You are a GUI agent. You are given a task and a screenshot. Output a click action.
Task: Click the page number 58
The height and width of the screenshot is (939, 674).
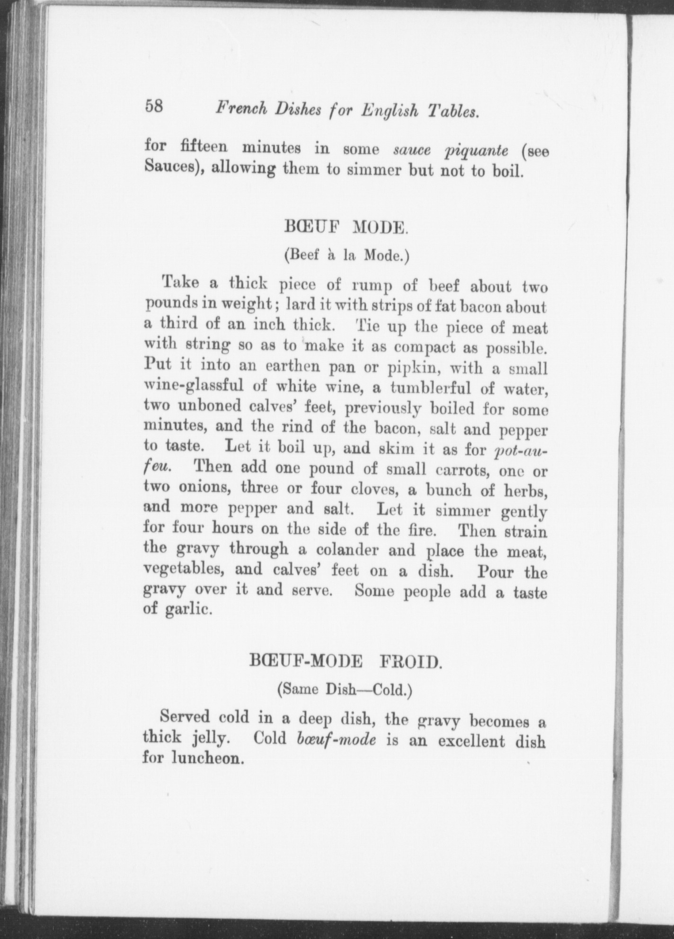tap(154, 106)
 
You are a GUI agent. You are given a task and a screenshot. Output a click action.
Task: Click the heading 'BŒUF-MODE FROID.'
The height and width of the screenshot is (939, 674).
tap(346, 661)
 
